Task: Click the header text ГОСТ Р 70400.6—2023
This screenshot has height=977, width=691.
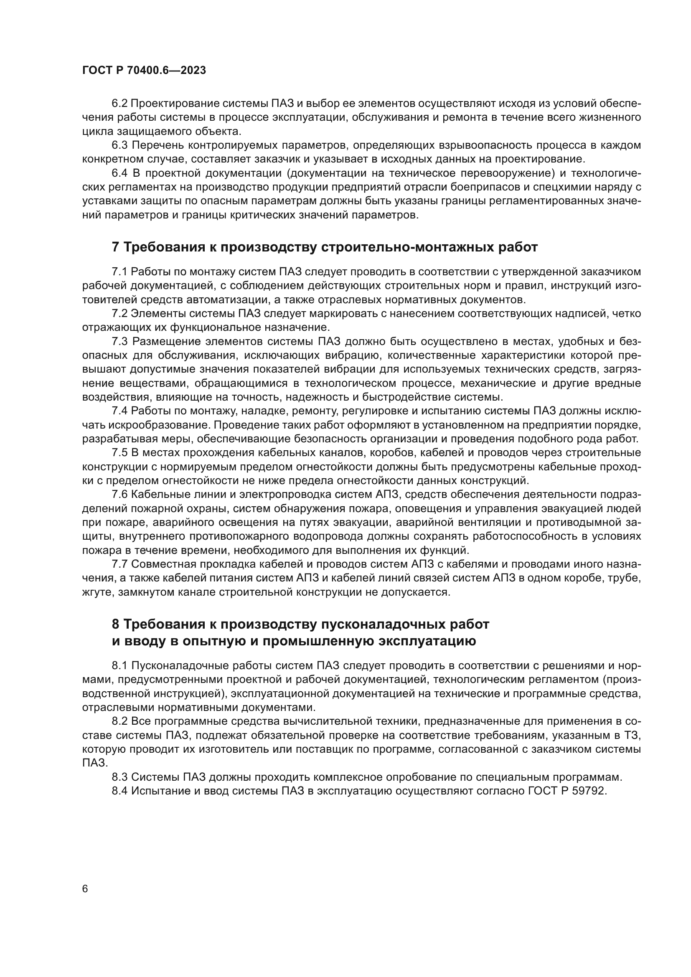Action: click(x=144, y=71)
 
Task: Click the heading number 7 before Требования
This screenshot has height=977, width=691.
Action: click(x=115, y=247)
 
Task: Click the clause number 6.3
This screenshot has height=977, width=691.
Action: click(x=119, y=145)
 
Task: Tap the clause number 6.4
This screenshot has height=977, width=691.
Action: click(x=119, y=174)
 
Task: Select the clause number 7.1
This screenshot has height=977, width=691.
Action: click(x=119, y=272)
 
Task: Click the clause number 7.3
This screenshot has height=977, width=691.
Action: click(x=119, y=342)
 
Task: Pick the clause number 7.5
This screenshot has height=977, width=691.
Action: click(x=119, y=453)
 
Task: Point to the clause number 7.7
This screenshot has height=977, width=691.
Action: click(x=119, y=564)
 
